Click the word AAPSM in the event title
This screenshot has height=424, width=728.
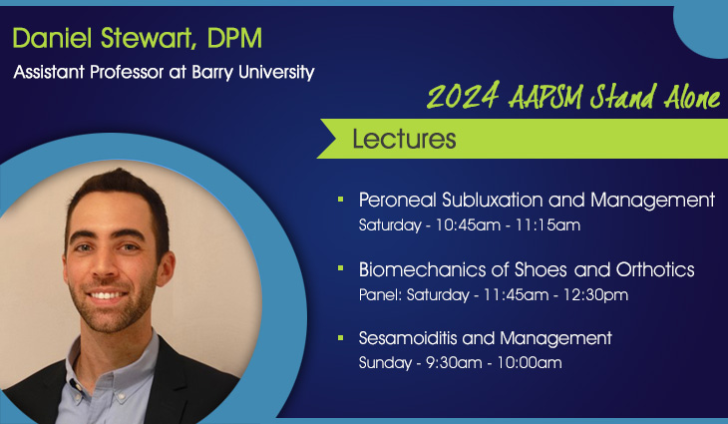coord(550,98)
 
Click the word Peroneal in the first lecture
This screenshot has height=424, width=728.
coord(396,200)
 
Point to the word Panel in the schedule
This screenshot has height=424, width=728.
coord(377,295)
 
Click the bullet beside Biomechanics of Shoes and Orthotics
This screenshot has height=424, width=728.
coord(340,270)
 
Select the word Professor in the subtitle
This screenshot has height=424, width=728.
coord(126,72)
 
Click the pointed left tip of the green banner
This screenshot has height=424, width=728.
coord(319,140)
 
